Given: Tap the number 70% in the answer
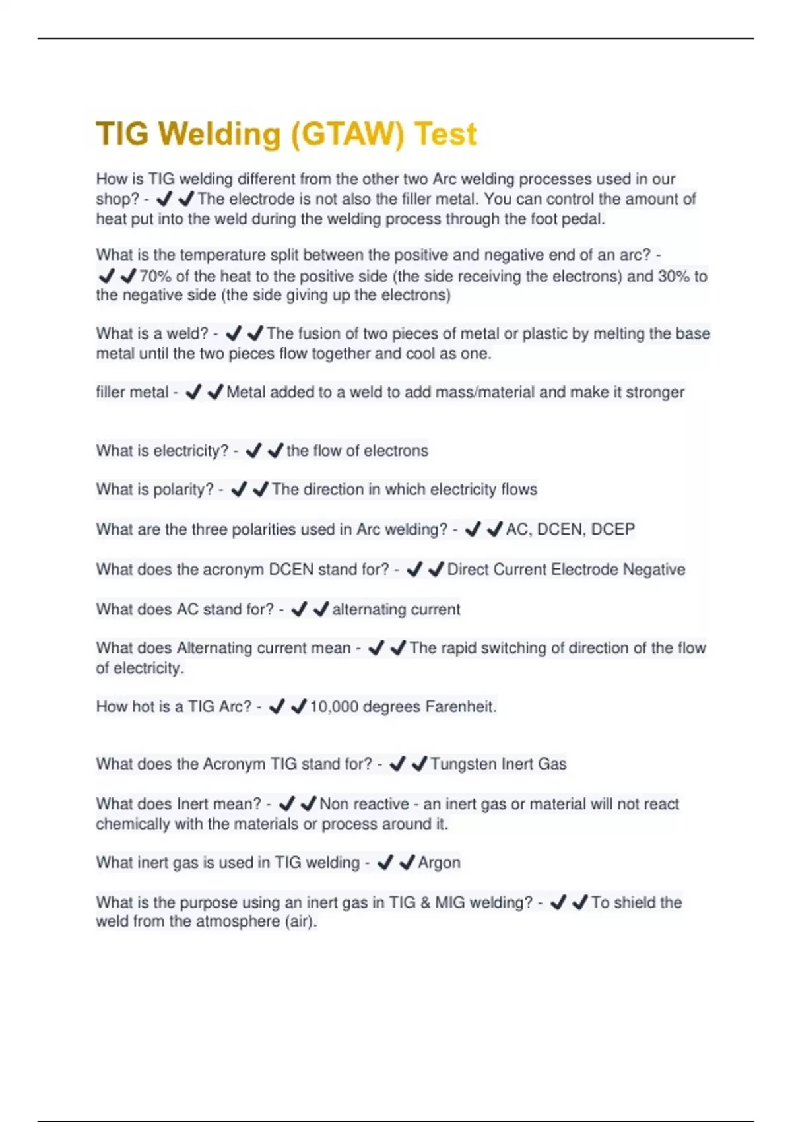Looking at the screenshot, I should click(155, 276).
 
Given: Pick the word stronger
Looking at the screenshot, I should click(655, 392).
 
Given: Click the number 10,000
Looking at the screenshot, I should click(334, 707).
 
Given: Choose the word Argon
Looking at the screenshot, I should click(439, 863).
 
